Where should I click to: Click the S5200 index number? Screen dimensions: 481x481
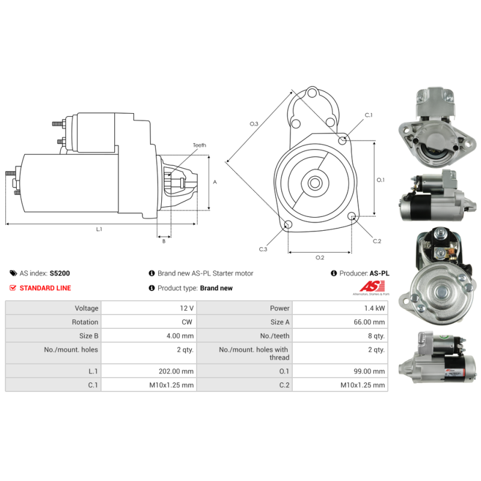(60, 274)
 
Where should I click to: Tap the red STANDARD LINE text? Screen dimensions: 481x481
(46, 288)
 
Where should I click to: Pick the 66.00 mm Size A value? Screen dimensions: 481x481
(369, 322)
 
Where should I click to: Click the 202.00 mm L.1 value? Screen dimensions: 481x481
(176, 371)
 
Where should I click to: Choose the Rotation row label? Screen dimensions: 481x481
(85, 322)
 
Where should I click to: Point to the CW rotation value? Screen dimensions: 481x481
(187, 322)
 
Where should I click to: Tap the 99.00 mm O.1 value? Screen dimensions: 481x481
(369, 371)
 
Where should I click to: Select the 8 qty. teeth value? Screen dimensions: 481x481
(376, 336)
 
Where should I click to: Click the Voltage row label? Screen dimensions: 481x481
(87, 308)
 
